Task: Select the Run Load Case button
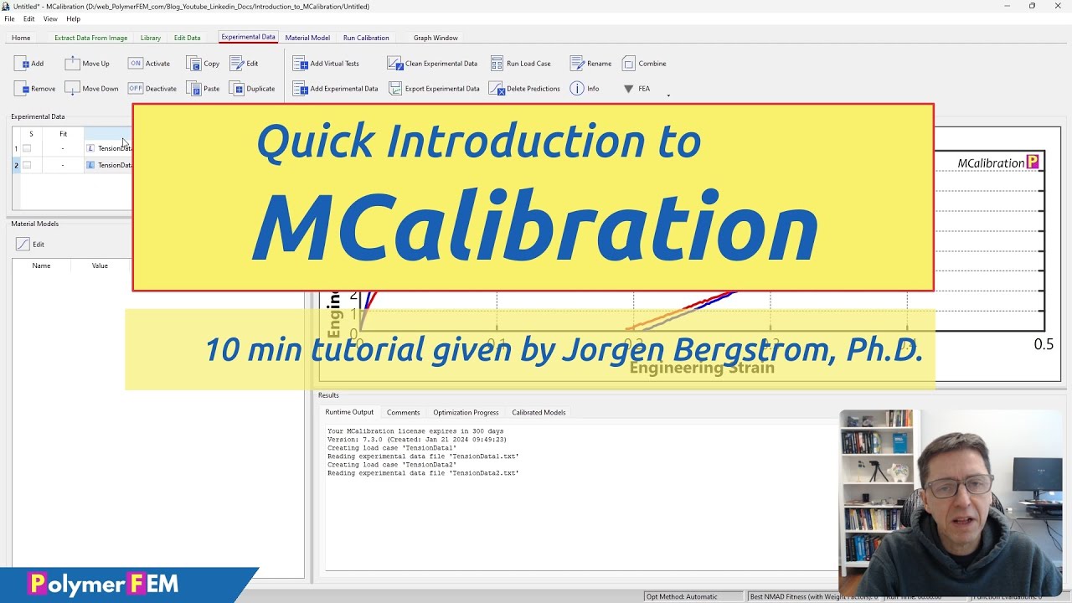click(521, 64)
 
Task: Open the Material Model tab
click(307, 38)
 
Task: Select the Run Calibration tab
click(366, 38)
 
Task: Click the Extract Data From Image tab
click(90, 38)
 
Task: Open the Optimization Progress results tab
click(466, 412)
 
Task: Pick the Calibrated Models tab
click(539, 412)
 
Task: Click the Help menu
click(73, 18)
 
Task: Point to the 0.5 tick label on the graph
click(1044, 344)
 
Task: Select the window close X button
click(1058, 6)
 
